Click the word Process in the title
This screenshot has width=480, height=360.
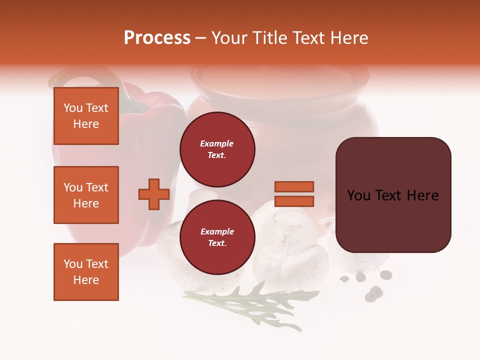click(x=157, y=38)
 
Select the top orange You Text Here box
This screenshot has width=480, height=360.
click(x=86, y=116)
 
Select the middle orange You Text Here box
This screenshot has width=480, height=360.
click(x=86, y=195)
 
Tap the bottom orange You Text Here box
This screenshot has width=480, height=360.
click(x=86, y=272)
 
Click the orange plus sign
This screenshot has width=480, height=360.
click(x=154, y=194)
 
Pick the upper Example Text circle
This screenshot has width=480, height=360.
click(x=217, y=149)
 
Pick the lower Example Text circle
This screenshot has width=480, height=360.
click(x=217, y=237)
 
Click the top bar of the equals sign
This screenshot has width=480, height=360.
click(x=294, y=186)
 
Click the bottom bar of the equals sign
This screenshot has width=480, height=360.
click(x=294, y=201)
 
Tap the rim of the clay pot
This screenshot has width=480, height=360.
click(x=280, y=75)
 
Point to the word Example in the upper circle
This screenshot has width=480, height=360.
click(x=216, y=143)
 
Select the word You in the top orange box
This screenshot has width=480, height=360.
click(x=73, y=108)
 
